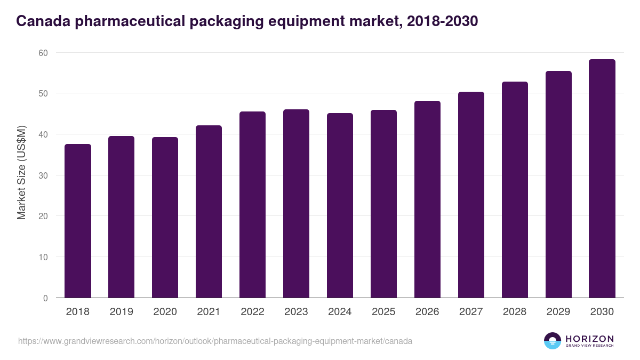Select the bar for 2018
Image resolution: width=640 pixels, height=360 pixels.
78,221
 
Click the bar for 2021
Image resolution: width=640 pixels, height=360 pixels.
209,212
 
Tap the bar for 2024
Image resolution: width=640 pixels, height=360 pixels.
340,205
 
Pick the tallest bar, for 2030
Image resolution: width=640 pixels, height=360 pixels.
602,179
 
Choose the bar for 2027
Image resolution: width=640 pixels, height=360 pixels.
471,195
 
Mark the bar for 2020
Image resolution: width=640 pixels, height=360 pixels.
165,218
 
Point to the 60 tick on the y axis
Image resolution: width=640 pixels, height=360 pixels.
43,53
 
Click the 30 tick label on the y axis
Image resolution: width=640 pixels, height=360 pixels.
43,175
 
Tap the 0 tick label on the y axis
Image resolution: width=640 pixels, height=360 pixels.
45,298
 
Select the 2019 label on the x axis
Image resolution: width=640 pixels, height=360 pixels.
121,312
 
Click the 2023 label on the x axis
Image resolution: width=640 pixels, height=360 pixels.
296,312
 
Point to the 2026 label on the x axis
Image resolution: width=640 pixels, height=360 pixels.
427,312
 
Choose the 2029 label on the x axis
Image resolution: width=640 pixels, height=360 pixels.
558,312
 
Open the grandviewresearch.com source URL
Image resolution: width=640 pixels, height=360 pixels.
215,341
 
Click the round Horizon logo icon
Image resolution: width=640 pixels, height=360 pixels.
552,341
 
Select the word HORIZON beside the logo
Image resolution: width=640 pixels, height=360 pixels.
589,339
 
